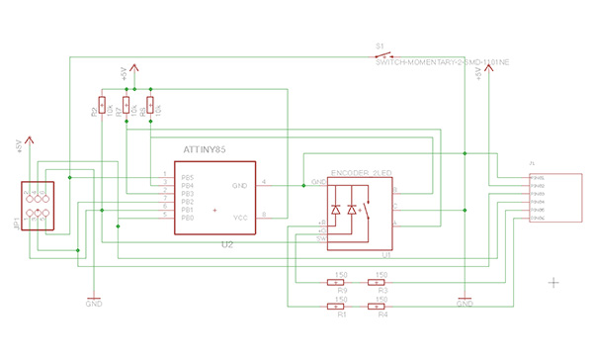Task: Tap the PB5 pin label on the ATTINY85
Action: point(187,177)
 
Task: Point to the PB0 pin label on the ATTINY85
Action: point(187,217)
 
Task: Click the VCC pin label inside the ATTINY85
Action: point(238,216)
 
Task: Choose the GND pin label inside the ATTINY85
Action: point(238,184)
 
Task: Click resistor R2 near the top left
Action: point(102,105)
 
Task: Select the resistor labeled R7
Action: point(127,105)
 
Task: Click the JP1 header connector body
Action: point(38,205)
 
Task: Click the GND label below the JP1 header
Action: point(94,304)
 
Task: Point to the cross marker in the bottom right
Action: point(553,282)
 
